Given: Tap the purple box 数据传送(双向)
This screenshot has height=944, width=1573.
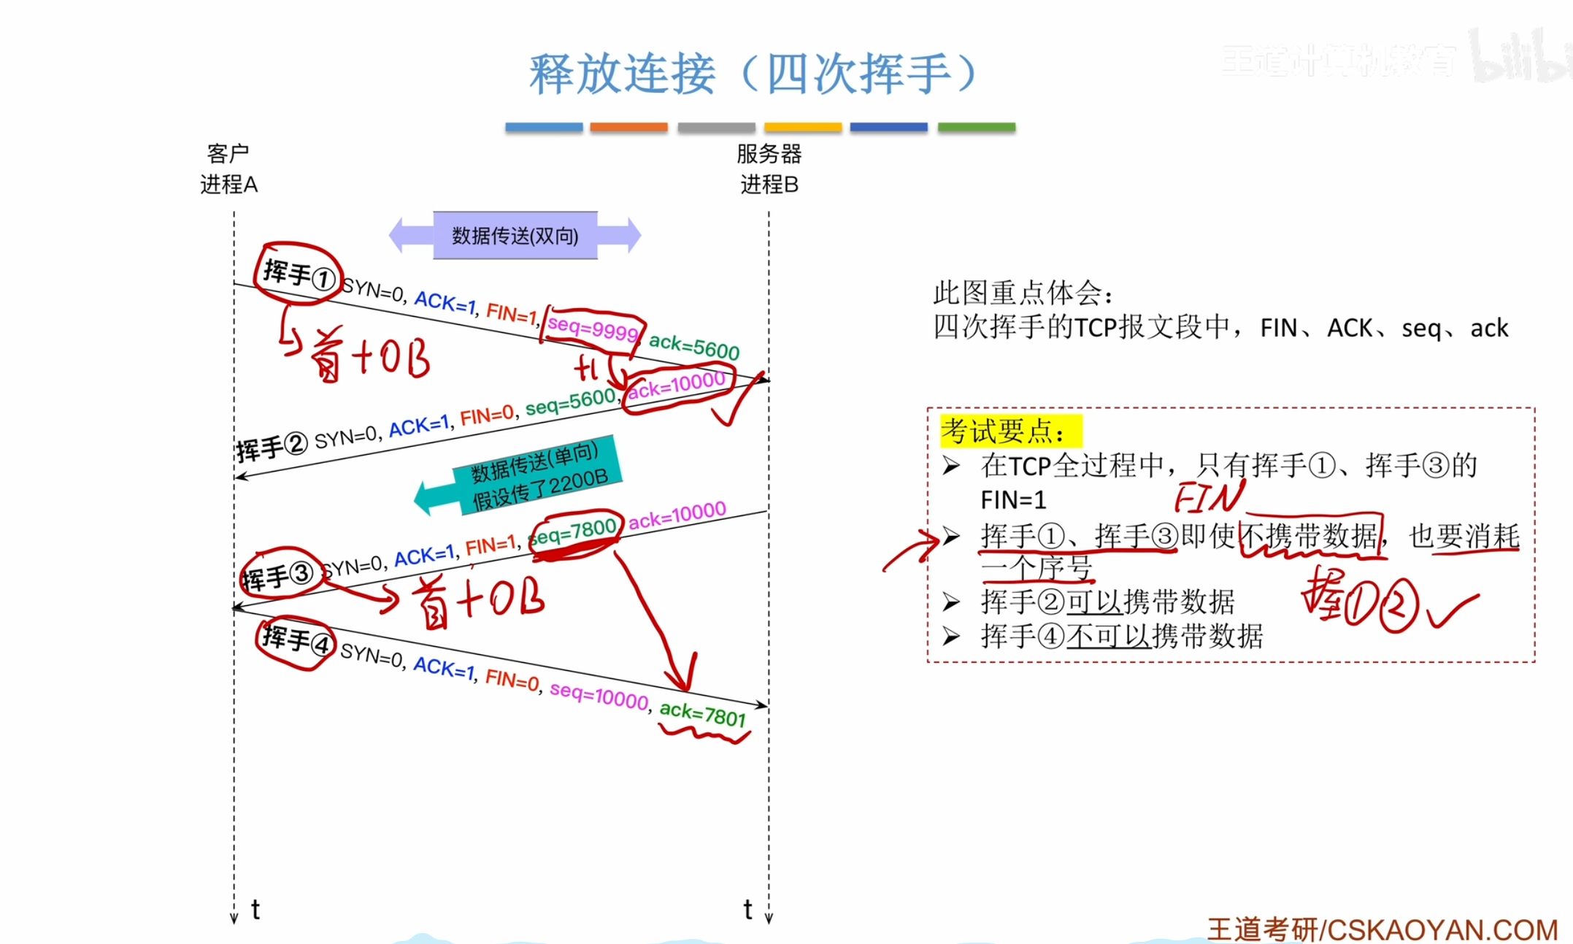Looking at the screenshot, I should click(515, 236).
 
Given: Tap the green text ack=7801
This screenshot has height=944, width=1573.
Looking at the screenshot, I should click(702, 713).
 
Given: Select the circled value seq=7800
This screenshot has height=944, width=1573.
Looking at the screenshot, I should click(574, 531).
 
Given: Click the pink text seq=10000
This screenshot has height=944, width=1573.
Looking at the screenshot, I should click(599, 696).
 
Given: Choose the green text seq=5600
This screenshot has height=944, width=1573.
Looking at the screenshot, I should click(570, 402).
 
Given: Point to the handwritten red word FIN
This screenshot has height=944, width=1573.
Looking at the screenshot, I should click(1208, 498).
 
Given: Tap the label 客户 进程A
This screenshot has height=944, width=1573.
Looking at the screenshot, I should click(228, 169).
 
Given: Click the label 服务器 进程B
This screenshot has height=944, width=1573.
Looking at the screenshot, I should click(769, 169).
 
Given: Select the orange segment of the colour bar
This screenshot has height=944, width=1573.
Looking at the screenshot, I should click(628, 127).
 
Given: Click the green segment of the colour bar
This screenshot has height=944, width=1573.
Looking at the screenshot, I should click(976, 127).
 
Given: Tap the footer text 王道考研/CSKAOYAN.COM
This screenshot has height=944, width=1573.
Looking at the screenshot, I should click(1382, 929).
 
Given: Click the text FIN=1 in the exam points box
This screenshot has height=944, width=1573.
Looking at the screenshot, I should click(1013, 500).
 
